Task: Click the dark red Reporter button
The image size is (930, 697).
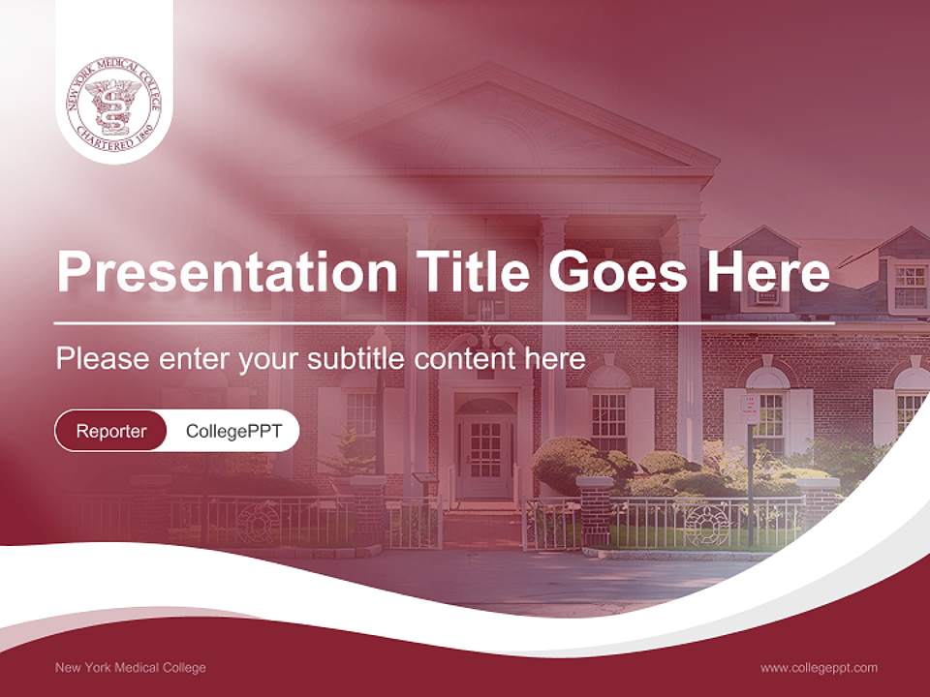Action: pos(111,431)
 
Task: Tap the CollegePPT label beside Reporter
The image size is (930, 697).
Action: pos(232,431)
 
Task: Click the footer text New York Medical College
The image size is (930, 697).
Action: pos(131,667)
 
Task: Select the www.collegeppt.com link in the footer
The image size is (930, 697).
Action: pos(819,667)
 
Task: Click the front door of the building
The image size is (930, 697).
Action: pos(484,455)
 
